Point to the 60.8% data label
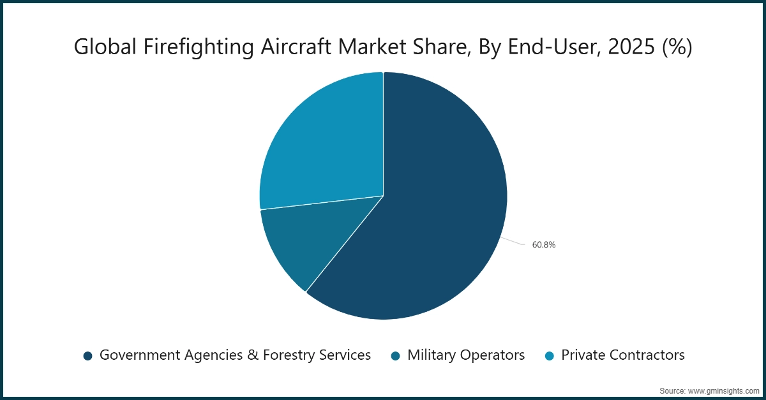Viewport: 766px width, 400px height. click(544, 244)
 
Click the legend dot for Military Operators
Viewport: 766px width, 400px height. click(396, 355)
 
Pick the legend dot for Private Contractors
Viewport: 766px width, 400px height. click(550, 355)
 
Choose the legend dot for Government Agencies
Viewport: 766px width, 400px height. click(88, 355)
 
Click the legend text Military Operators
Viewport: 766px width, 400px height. click(466, 355)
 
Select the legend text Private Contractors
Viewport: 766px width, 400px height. click(622, 355)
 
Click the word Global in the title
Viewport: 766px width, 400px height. click(103, 47)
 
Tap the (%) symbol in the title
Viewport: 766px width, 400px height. click(677, 47)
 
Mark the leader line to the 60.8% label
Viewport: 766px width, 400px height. click(514, 241)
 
